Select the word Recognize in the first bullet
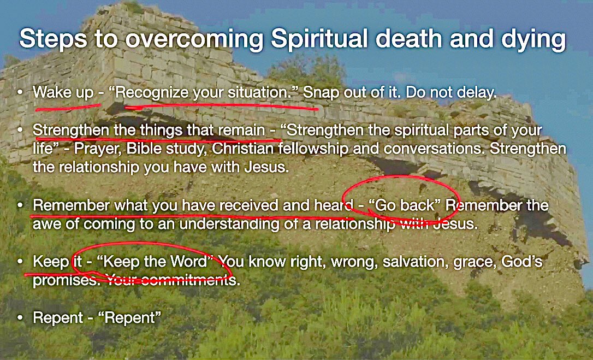(x=148, y=93)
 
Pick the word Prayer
(x=96, y=149)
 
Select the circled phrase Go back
(x=401, y=206)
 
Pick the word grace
(x=477, y=262)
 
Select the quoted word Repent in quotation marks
(x=138, y=318)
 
